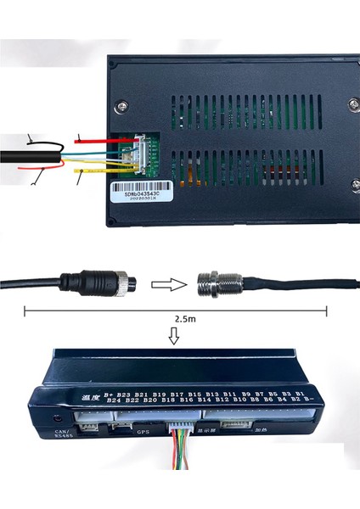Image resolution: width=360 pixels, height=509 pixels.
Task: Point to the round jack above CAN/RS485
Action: pyautogui.click(x=59, y=417)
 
